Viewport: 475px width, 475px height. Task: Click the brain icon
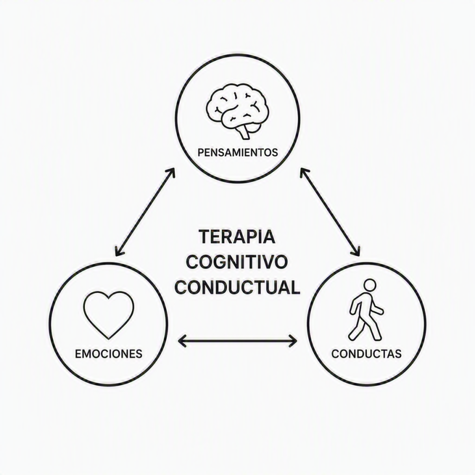[237, 111]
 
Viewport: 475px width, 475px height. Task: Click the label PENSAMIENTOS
[237, 153]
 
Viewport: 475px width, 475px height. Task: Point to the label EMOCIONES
[108, 354]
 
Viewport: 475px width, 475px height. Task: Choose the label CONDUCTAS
[367, 354]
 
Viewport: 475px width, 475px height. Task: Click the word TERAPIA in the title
[237, 237]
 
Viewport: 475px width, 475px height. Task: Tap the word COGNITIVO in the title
[237, 262]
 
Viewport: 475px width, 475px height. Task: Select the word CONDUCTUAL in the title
[237, 287]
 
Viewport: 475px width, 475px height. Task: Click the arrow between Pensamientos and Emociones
[145, 212]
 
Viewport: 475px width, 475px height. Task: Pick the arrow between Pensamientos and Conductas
[330, 212]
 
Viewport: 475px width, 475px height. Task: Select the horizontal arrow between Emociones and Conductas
[237, 341]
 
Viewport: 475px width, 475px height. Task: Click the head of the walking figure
[369, 286]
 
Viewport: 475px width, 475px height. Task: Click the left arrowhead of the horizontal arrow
[182, 341]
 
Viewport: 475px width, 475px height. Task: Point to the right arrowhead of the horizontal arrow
[293, 341]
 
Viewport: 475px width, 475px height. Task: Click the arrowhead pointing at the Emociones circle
[118, 251]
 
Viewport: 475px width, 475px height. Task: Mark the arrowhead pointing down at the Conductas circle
[357, 251]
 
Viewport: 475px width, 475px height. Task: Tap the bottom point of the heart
[108, 339]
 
